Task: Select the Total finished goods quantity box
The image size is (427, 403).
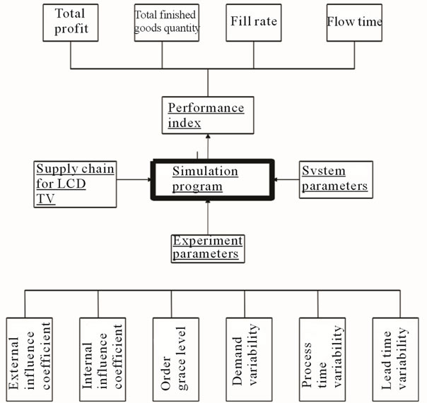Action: pyautogui.click(x=167, y=22)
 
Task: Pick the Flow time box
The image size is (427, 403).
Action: pyautogui.click(x=354, y=22)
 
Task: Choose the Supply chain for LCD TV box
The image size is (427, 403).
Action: pyautogui.click(x=75, y=184)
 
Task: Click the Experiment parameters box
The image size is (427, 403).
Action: pyautogui.click(x=207, y=248)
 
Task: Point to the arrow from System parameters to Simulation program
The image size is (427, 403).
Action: pyautogui.click(x=287, y=180)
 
